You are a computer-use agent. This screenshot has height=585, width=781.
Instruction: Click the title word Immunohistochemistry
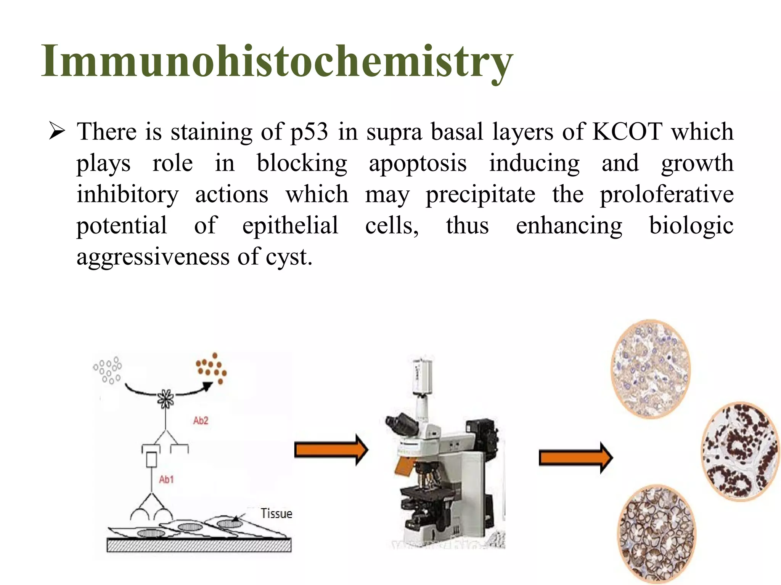pos(277,62)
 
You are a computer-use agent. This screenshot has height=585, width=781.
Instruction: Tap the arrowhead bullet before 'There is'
pos(57,132)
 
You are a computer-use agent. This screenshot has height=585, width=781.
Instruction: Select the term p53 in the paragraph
pos(309,133)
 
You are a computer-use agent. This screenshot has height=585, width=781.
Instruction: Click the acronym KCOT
pos(627,132)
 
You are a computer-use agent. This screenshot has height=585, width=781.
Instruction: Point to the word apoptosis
pos(418,164)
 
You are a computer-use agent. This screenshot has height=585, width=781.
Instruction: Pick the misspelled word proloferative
pos(667,195)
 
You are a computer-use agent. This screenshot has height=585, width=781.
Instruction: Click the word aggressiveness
pos(153,257)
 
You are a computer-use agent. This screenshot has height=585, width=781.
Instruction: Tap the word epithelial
pos(290,225)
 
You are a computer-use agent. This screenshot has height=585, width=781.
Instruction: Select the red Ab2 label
pos(201,421)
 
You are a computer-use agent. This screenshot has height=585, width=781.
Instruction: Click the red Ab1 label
pos(166,480)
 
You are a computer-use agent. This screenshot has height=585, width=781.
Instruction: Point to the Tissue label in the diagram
pos(276,514)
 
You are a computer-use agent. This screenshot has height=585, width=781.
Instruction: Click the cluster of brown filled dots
pos(211,368)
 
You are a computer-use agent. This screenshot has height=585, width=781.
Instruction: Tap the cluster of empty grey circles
pos(108,369)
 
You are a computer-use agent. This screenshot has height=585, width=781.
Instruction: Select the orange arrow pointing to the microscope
pos(331,450)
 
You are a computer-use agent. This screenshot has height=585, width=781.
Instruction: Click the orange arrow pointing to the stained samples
pos(575,458)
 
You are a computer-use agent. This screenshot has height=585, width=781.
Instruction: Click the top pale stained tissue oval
pos(651,369)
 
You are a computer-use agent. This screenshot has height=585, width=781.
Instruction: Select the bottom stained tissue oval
pos(656,533)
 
